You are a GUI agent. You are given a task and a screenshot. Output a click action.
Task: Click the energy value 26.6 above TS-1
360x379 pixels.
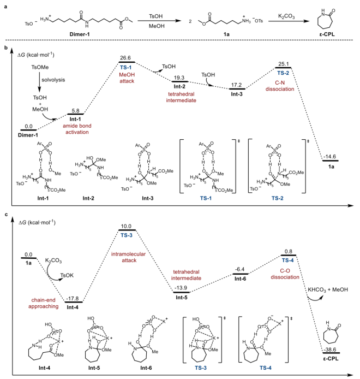click(127, 57)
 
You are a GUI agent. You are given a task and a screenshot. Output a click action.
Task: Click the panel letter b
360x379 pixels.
click(5, 49)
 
